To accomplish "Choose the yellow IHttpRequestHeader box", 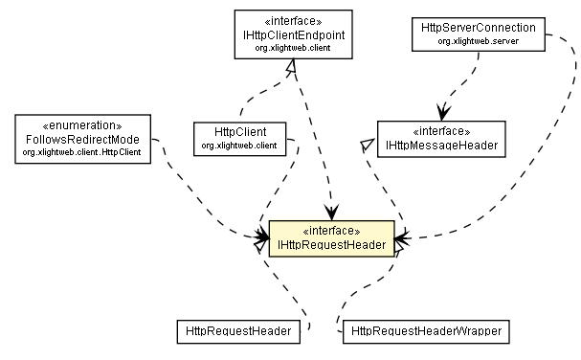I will pyautogui.click(x=330, y=238).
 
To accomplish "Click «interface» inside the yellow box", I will pyautogui.click(x=330, y=231).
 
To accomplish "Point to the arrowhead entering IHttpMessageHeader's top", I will pyautogui.click(x=441, y=113).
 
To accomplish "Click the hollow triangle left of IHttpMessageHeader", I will pyautogui.click(x=365, y=143).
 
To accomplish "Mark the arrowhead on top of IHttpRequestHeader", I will pyautogui.click(x=331, y=214).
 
